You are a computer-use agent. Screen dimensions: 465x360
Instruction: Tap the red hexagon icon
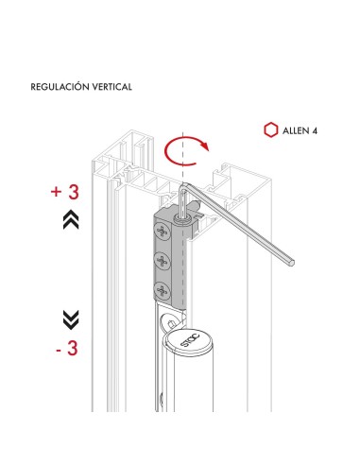point(269,129)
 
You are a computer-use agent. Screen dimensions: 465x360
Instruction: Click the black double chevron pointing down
point(69,318)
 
